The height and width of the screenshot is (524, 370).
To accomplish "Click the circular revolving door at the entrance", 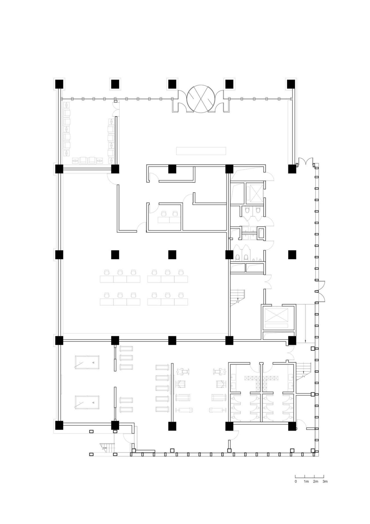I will coord(201,98).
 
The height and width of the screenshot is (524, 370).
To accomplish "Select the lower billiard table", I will coord(87,402).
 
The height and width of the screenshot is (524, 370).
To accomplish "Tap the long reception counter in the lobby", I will coord(201,151).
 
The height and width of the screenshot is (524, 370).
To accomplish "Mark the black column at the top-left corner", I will coord(59,84).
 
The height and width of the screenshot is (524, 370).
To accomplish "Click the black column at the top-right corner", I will coord(291,84).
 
